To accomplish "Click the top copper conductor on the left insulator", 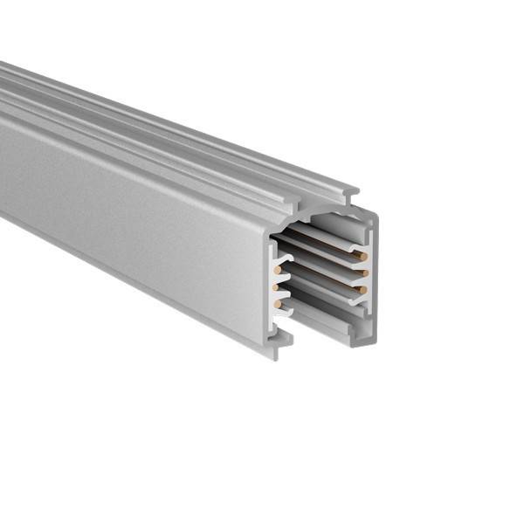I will (x=277, y=270).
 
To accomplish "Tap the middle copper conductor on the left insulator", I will (x=277, y=286).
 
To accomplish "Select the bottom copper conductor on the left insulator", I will (x=278, y=303).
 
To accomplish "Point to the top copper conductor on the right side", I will (x=360, y=256).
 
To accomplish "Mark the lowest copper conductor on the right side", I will (x=361, y=289).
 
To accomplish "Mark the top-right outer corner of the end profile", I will (x=376, y=217).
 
